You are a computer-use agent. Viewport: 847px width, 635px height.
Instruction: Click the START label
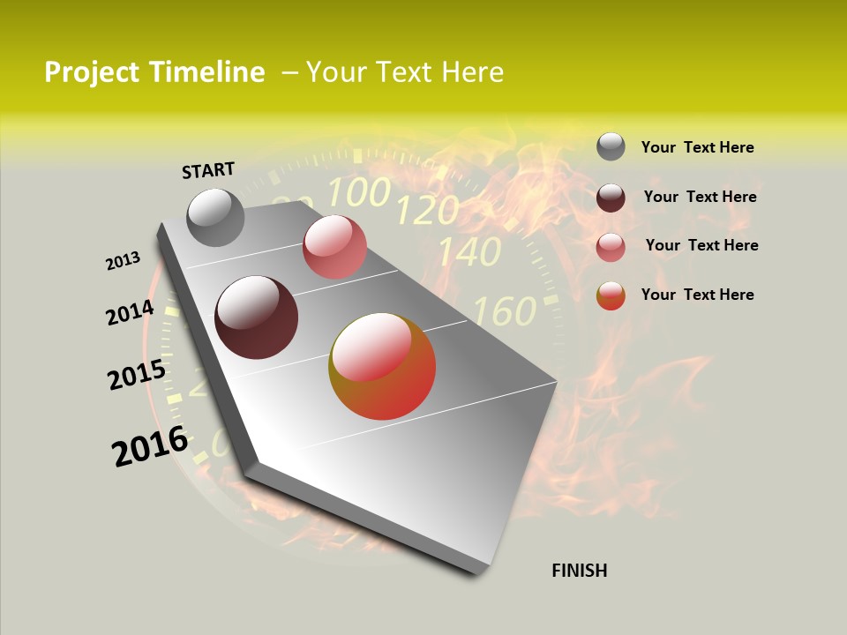208,169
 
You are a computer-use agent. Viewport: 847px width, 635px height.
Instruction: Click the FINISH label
579,571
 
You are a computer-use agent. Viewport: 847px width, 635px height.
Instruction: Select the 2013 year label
124,261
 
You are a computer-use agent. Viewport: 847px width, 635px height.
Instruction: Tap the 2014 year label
131,313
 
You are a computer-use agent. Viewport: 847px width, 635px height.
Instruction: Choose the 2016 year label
150,446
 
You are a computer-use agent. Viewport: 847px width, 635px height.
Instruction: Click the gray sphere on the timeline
216,217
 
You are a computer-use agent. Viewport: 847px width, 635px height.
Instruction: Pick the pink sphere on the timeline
334,247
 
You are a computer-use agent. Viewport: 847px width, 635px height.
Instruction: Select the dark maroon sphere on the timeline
257,317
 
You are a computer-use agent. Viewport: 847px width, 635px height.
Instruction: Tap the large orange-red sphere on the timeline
382,366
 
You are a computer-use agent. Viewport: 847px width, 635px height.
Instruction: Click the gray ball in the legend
611,146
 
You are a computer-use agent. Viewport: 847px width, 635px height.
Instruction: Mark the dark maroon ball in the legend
611,197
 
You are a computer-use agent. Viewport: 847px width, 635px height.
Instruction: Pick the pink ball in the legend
611,246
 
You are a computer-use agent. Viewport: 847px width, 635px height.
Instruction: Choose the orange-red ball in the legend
611,295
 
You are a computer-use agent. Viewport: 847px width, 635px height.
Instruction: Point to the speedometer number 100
359,191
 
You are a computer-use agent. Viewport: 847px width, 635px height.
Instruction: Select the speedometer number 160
505,310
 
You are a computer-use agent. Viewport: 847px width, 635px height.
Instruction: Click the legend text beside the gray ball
697,147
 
